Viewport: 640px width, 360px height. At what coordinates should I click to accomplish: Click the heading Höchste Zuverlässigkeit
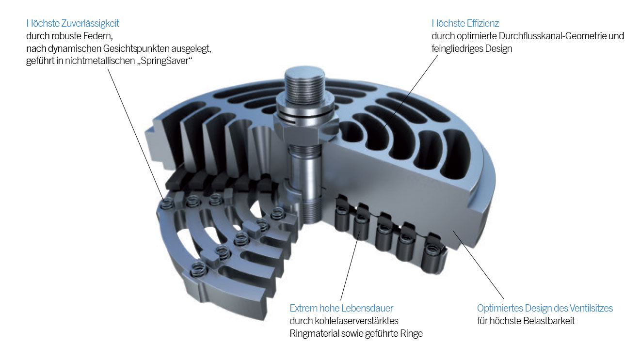(x=73, y=23)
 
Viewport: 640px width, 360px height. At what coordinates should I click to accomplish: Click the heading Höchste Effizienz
(x=465, y=23)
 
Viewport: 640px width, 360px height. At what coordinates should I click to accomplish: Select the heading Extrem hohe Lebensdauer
(x=341, y=308)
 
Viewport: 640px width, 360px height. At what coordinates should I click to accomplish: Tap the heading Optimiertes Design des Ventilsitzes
(x=545, y=308)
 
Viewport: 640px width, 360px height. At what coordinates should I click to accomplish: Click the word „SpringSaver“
(x=164, y=61)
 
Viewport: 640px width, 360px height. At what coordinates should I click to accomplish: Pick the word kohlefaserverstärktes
(x=356, y=321)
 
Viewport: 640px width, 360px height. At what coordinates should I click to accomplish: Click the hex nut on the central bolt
(x=305, y=128)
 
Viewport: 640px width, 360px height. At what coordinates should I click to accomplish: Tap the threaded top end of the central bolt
(x=304, y=85)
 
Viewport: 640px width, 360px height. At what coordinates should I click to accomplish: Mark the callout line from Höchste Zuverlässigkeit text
(x=136, y=135)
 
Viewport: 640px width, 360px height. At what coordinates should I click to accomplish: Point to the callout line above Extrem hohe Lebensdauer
(x=350, y=266)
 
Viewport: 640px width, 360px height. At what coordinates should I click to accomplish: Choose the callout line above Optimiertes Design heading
(x=478, y=266)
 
